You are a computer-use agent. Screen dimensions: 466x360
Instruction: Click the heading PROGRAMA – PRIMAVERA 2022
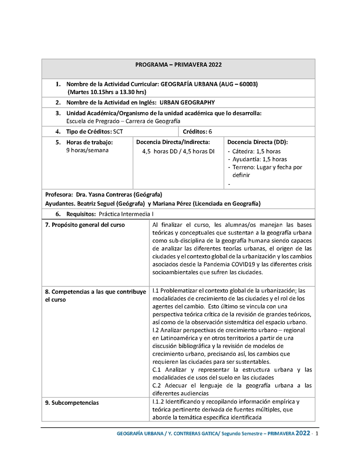tap(178, 65)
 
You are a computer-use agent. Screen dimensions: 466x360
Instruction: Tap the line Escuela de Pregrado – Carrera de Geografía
tap(123, 121)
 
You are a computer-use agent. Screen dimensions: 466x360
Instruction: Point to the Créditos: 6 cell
tap(197, 131)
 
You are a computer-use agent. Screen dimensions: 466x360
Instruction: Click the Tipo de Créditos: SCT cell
tap(94, 131)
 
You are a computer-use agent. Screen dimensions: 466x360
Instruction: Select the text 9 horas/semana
tap(87, 150)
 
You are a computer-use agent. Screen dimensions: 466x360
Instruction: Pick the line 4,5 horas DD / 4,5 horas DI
tap(178, 151)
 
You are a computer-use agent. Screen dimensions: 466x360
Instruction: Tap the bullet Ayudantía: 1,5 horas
tap(260, 159)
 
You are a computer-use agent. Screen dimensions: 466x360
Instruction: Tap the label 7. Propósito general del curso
tap(85, 225)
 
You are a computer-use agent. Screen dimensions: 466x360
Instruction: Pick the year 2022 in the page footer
tap(302, 434)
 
